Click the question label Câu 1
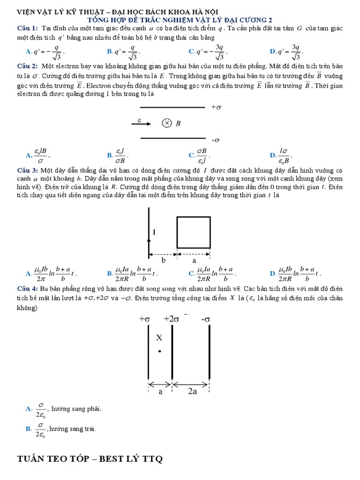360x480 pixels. [24, 29]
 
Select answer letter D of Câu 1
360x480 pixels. [272, 51]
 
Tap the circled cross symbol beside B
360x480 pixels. [166, 124]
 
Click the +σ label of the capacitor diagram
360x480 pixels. [216, 107]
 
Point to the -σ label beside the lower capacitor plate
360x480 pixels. [216, 140]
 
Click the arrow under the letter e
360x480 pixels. [141, 124]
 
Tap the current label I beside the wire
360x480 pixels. [154, 232]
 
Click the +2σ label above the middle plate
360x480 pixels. [172, 319]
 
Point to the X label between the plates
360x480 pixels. [159, 337]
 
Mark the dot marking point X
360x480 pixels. [159, 351]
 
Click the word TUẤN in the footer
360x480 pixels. [31, 459]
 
